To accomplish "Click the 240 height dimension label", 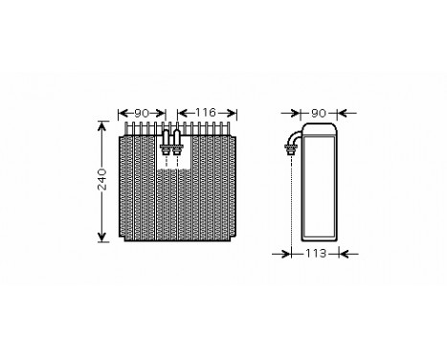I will pos(102,181).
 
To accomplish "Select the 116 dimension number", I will pos(201,114).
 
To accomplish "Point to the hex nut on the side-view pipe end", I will pos(287,149).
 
